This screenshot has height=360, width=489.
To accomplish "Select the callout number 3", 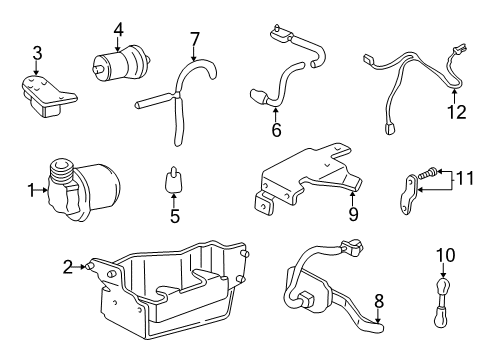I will (37, 52).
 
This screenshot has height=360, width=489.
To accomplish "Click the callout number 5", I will (174, 215).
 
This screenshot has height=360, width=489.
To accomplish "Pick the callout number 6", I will (276, 129).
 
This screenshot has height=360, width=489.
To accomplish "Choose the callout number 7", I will (194, 39).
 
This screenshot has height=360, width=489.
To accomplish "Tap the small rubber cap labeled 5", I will (174, 181).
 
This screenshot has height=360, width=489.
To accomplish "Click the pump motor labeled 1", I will (85, 188).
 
